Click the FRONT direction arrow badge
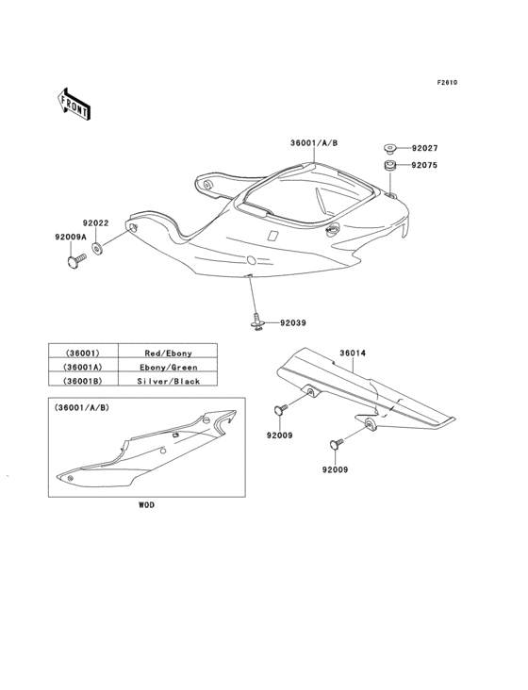(74, 103)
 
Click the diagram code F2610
(447, 82)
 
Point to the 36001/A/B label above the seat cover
(314, 143)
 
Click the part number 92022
(95, 223)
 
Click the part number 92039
(292, 324)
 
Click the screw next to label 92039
(257, 322)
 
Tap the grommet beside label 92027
(389, 149)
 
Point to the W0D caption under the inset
(147, 505)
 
